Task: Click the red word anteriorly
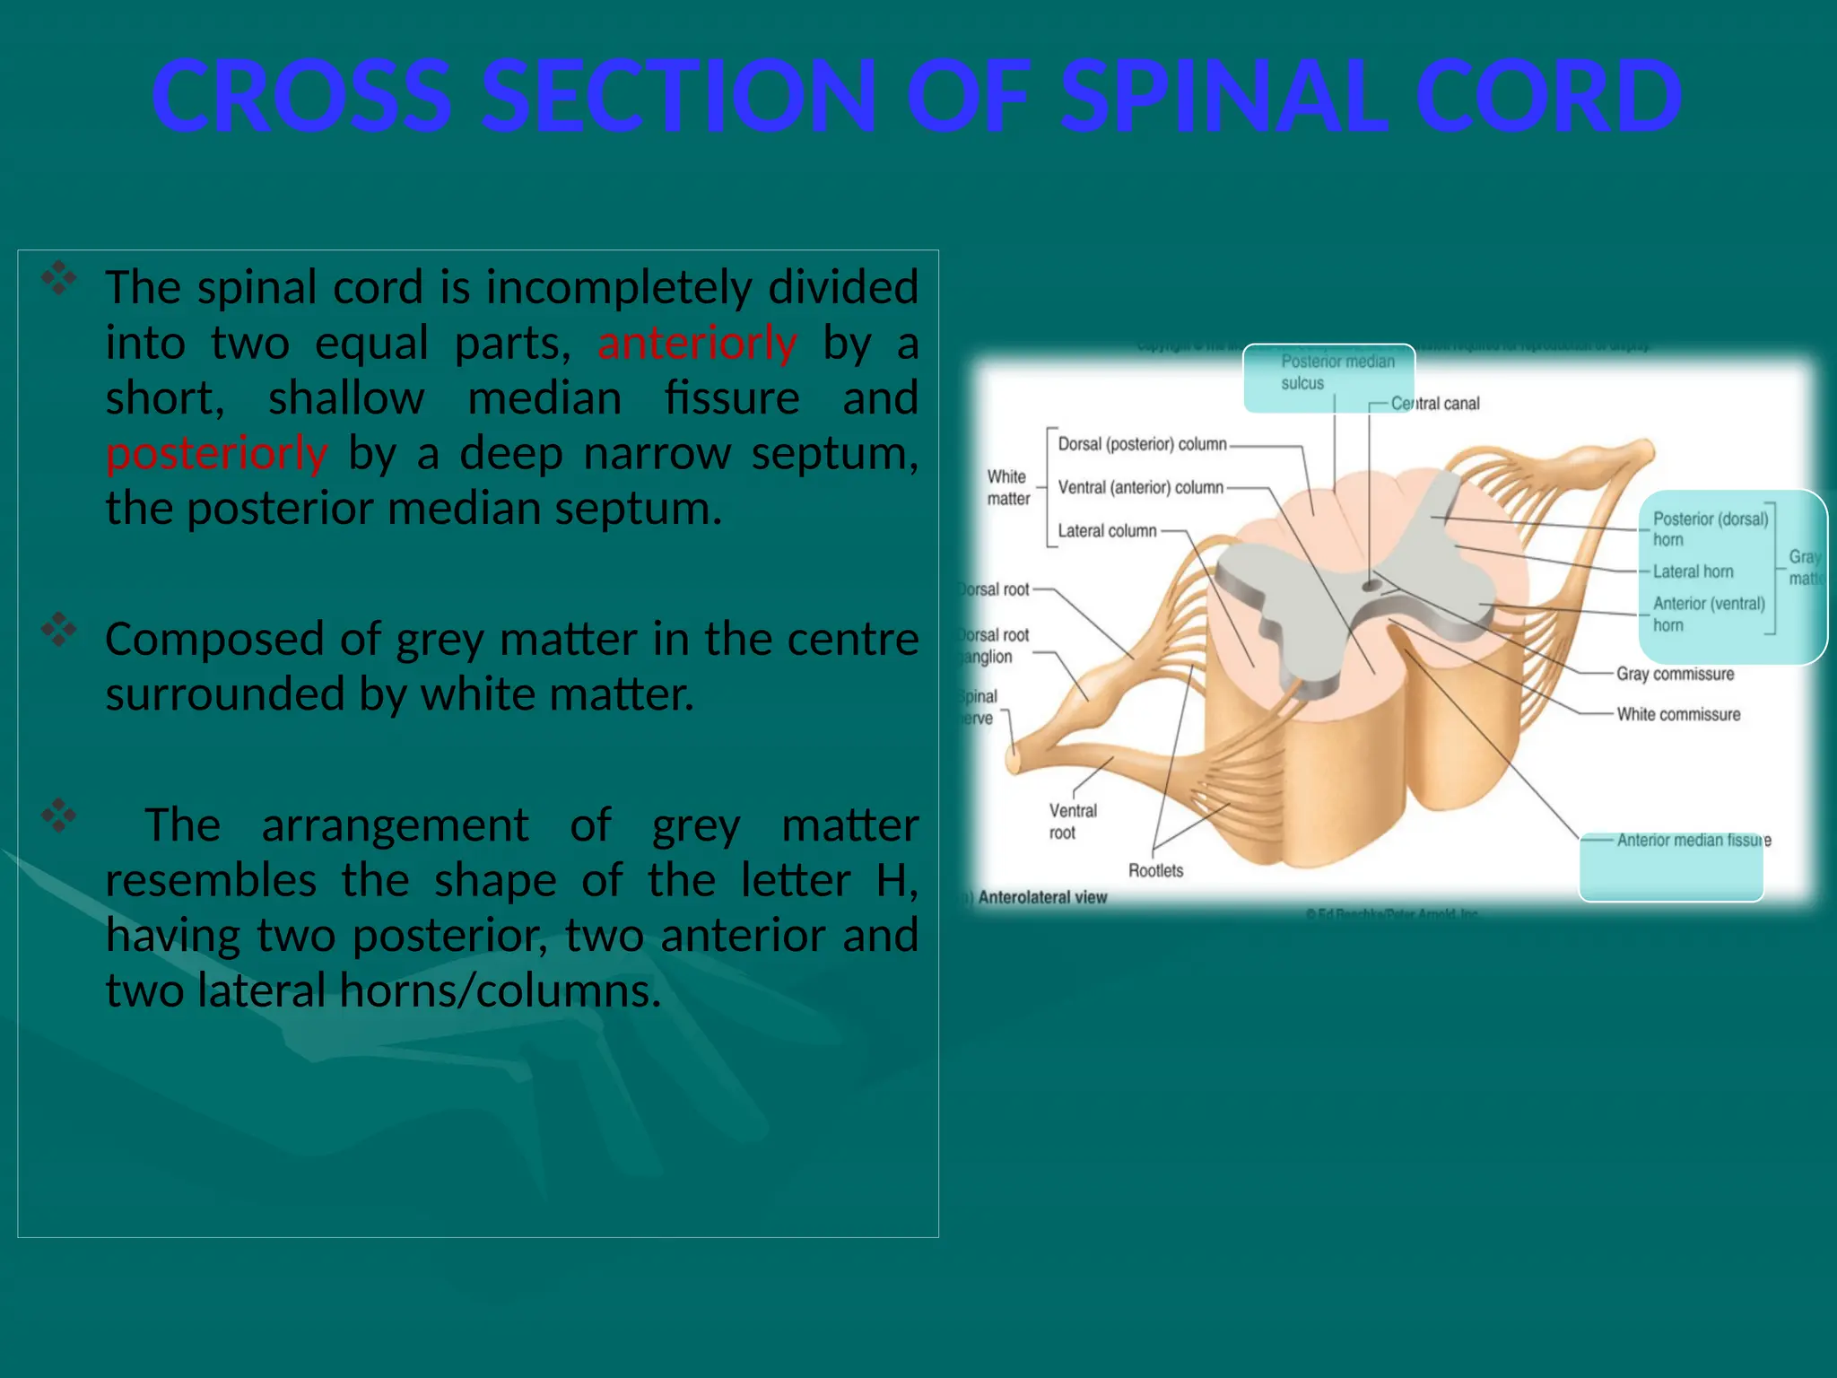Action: (697, 344)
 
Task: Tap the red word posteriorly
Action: (216, 454)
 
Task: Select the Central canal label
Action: (1434, 404)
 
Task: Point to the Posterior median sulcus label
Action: (1336, 372)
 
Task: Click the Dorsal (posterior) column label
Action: (1141, 444)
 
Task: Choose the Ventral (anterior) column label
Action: (1139, 487)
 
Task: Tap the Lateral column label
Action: (1107, 531)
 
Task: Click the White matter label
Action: (1008, 488)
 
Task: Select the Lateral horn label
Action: (1693, 571)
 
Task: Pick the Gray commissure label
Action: (1675, 674)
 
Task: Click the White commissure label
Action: (1677, 714)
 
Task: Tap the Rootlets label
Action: (1155, 870)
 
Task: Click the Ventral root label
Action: (1072, 822)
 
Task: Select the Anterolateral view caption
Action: (1041, 897)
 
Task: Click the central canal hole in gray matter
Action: (1371, 586)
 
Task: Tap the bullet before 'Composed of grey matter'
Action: (58, 630)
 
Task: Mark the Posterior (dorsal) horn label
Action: (1709, 529)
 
